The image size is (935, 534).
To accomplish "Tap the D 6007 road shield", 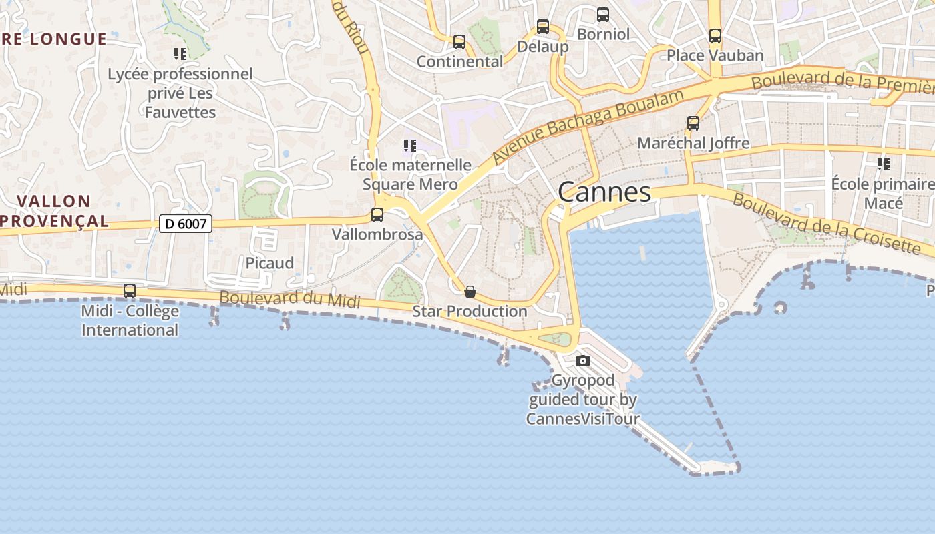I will pos(185,224).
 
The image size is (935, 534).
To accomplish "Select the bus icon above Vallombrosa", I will pos(377,215).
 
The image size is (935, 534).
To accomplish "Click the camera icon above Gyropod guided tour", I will pos(583,360).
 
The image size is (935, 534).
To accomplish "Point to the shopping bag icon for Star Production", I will pos(470,292).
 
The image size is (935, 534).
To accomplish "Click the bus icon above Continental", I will pos(459,42).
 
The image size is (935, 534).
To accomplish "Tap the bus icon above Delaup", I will pos(543,27).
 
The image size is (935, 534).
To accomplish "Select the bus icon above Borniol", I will pos(603,14).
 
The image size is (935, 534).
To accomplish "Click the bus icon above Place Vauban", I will pos(715,36).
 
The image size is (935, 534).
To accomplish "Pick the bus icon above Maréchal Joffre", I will pos(693,123).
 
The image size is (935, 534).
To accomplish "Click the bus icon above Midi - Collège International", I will pos(130,291).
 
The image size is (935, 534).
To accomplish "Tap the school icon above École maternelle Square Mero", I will pos(410,145).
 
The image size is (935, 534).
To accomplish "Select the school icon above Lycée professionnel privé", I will pos(180,53).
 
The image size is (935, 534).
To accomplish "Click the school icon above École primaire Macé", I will pos(884,164).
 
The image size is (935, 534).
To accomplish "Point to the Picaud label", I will pos(270,263).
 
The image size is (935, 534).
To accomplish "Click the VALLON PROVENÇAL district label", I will pos(54,211).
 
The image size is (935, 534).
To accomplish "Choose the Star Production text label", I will pos(470,311).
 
